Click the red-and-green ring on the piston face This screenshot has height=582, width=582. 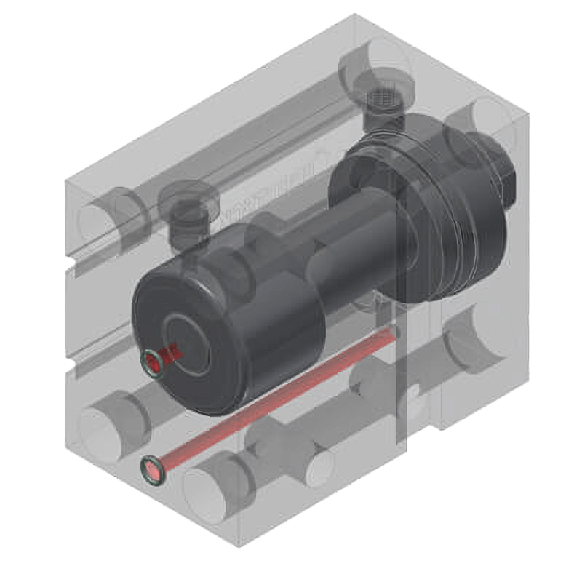tap(153, 363)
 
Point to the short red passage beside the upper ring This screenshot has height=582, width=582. tap(172, 354)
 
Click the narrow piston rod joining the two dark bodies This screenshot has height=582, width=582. tap(342, 255)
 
